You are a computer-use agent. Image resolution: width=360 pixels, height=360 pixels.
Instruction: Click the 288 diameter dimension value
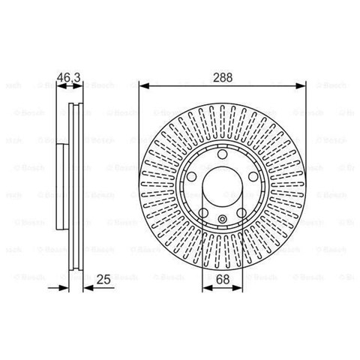pyautogui.click(x=221, y=75)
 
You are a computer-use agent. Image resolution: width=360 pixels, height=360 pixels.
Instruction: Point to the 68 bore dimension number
pyautogui.click(x=221, y=279)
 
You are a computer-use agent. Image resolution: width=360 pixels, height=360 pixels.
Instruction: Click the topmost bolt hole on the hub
pyautogui.click(x=221, y=154)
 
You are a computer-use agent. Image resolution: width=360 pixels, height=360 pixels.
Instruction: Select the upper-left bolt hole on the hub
pyautogui.click(x=190, y=177)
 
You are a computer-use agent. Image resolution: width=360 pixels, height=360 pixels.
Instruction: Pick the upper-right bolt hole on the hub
pyautogui.click(x=252, y=177)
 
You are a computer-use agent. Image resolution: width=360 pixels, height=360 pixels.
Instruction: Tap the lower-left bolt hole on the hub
pyautogui.click(x=202, y=213)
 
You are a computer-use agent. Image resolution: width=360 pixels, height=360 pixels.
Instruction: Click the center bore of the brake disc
pyautogui.click(x=221, y=187)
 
